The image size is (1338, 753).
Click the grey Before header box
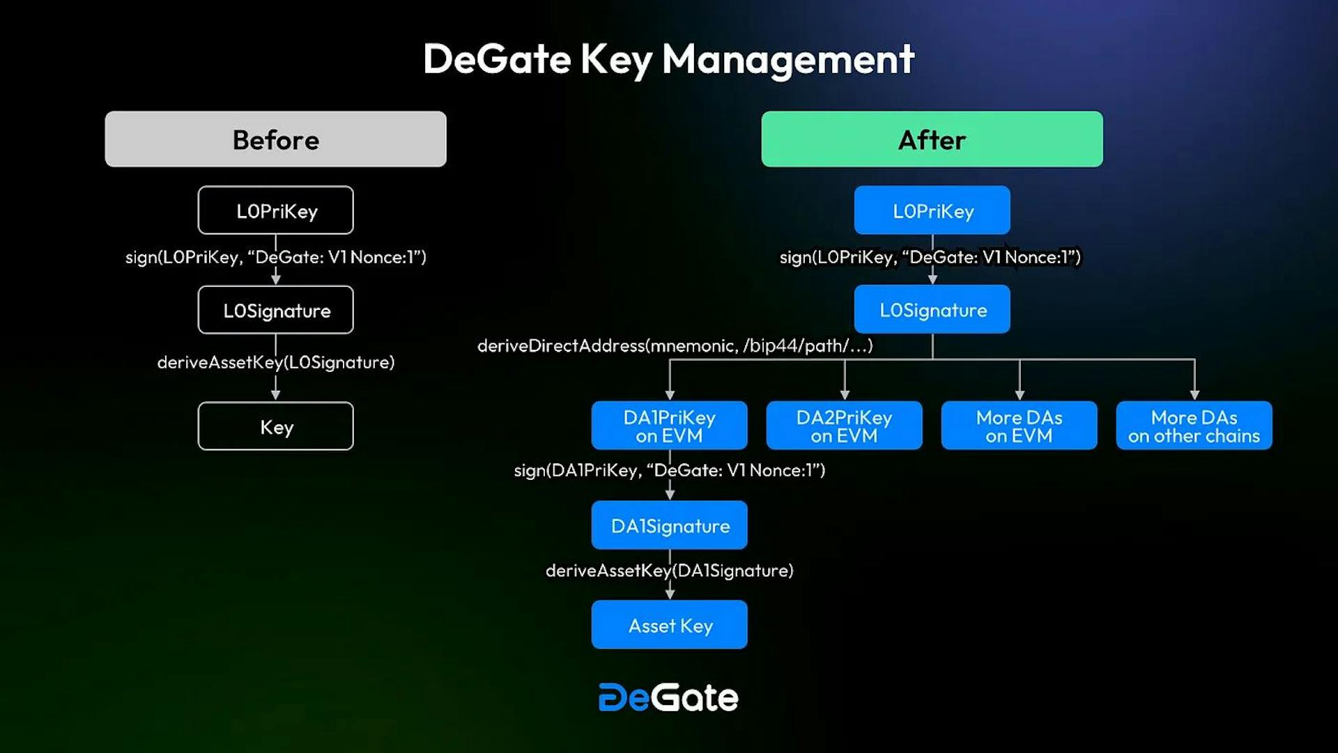click(x=275, y=139)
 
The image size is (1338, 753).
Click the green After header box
click(x=932, y=139)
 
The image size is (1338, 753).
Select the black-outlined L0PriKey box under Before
click(x=275, y=210)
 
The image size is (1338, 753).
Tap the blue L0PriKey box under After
click(x=932, y=210)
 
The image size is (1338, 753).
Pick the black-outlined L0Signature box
click(x=275, y=310)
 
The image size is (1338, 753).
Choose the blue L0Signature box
click(x=932, y=310)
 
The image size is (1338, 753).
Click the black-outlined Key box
click(x=275, y=426)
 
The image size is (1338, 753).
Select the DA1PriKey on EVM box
click(x=669, y=426)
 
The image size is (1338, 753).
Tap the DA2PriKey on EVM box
click(x=844, y=426)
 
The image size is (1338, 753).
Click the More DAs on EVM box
click(x=1019, y=426)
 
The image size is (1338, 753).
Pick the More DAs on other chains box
click(x=1194, y=426)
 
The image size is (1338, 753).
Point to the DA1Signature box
click(x=669, y=525)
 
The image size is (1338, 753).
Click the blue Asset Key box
click(x=669, y=625)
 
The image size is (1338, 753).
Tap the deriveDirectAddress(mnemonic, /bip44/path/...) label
click(x=675, y=346)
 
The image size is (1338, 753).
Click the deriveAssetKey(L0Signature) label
click(x=275, y=362)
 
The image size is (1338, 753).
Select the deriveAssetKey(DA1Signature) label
click(x=669, y=570)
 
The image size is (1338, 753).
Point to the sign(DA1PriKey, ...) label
click(x=669, y=470)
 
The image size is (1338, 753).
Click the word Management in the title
click(x=787, y=59)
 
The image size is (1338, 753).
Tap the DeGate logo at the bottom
click(x=668, y=697)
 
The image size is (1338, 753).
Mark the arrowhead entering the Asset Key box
click(x=670, y=593)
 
